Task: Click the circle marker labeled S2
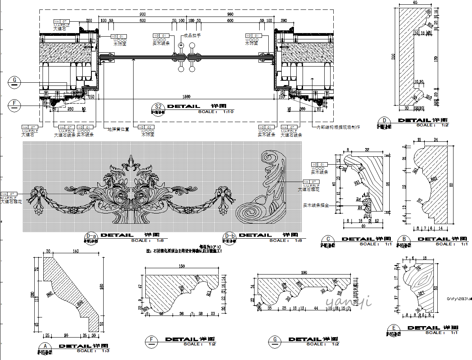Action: tap(158, 107)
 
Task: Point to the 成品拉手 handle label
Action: tap(193, 35)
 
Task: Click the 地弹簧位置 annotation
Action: tap(119, 129)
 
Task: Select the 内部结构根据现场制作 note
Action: tap(338, 127)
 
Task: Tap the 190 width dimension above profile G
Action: tap(304, 272)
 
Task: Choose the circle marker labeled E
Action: tap(394, 328)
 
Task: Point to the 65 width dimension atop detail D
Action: tap(415, 2)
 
